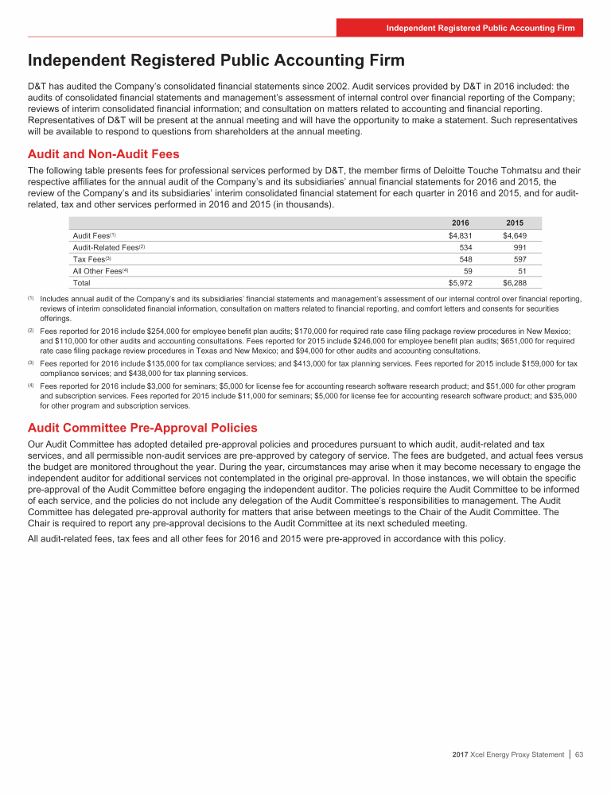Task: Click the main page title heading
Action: coord(216,60)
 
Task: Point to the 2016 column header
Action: coord(461,223)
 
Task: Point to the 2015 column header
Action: coord(513,223)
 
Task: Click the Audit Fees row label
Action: coord(91,235)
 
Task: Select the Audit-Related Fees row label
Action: coord(108,247)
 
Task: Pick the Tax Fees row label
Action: coord(88,259)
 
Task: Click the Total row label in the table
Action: coord(81,282)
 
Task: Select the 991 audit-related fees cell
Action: coord(517,247)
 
